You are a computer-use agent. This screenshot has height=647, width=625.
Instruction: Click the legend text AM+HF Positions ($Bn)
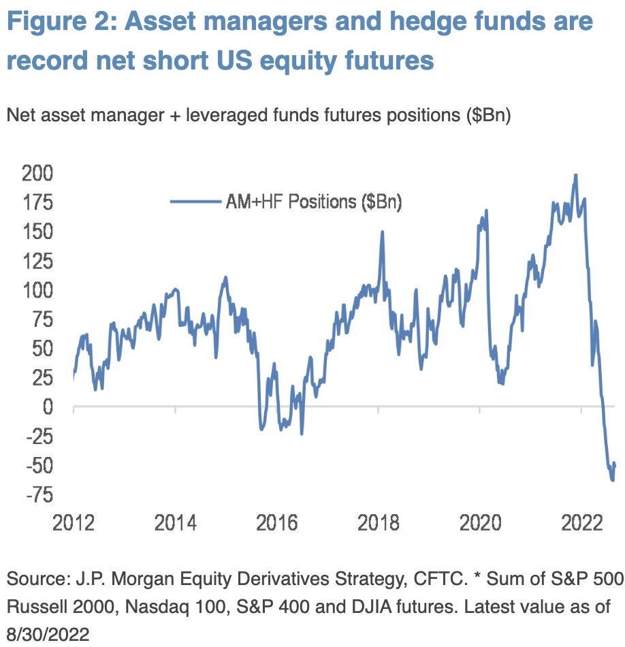click(x=312, y=202)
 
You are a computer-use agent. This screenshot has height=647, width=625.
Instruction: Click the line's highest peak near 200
click(x=576, y=176)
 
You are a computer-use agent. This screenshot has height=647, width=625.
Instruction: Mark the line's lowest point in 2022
click(x=613, y=480)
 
